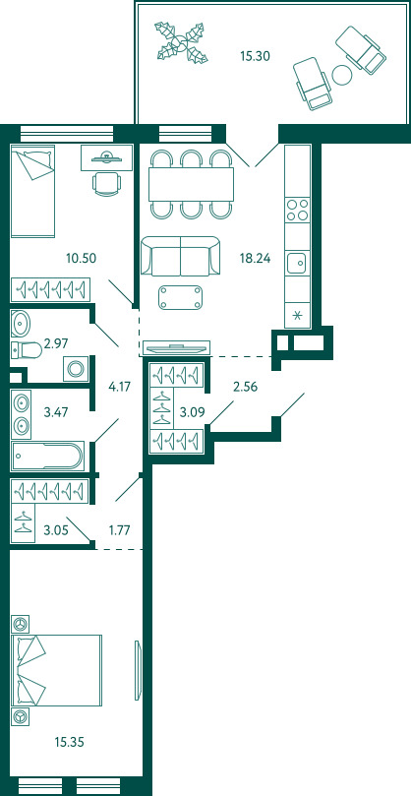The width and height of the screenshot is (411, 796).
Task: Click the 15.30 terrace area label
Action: click(255, 56)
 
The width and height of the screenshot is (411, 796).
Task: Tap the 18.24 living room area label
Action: click(256, 258)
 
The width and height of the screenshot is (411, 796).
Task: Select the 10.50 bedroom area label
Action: click(82, 258)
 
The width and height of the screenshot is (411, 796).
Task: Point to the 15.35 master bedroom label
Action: click(69, 743)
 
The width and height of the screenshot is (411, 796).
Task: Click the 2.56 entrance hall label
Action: click(246, 388)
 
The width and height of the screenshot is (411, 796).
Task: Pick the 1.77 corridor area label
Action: click(120, 531)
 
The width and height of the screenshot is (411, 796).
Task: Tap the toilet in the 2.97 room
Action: click(27, 349)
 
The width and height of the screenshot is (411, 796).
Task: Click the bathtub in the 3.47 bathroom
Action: click(48, 456)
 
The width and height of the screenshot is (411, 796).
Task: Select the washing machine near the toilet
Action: click(76, 369)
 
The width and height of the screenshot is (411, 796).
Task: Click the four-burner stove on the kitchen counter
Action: click(298, 210)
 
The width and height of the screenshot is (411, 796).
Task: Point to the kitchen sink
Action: click(298, 263)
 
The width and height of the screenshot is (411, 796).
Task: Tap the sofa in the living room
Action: click(181, 257)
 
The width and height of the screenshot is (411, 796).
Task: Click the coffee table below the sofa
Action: click(181, 297)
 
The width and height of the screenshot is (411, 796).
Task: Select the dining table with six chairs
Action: click(192, 184)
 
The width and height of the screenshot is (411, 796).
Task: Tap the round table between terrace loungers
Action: click(342, 75)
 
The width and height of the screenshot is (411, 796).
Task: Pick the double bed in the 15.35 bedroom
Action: click(56, 670)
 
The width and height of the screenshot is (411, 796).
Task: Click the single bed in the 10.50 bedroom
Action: click(32, 191)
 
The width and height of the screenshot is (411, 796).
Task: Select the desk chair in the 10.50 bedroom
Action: click(107, 183)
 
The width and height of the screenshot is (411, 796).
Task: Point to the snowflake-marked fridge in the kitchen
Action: click(298, 316)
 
